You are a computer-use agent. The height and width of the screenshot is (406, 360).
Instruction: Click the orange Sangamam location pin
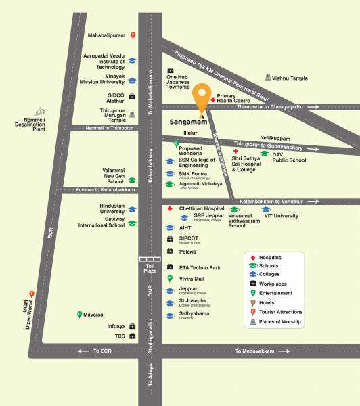pos(201,99)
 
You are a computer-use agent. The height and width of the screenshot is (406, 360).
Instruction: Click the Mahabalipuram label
pos(108,35)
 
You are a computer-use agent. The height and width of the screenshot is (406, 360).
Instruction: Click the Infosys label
pos(116,326)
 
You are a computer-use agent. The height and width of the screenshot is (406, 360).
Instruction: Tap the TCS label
pos(120,336)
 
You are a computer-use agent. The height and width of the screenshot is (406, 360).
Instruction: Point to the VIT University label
pos(281,215)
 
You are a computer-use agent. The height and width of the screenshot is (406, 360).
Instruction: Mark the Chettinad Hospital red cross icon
pos(170,209)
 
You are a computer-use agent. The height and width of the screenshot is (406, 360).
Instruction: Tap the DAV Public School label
pos(290,158)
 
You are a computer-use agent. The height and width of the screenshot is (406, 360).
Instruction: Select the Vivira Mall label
pos(192,279)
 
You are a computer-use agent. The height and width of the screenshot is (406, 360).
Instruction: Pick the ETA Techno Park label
pos(200,268)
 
